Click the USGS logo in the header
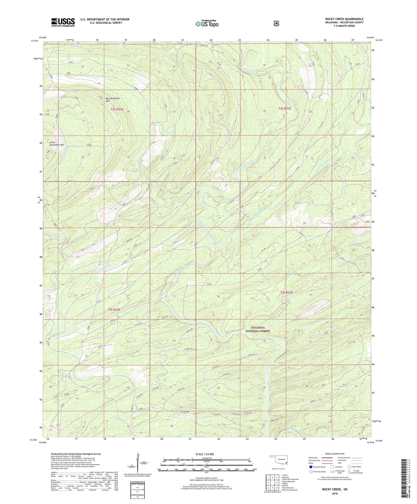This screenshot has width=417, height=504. coord(63,22)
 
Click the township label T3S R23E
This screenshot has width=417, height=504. coord(286,292)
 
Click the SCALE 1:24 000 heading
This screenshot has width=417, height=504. coord(206,454)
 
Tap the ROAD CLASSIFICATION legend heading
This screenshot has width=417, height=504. coord(335,454)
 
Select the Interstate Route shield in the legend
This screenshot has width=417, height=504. coord(311,467)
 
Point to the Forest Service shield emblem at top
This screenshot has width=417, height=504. coord(276,23)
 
